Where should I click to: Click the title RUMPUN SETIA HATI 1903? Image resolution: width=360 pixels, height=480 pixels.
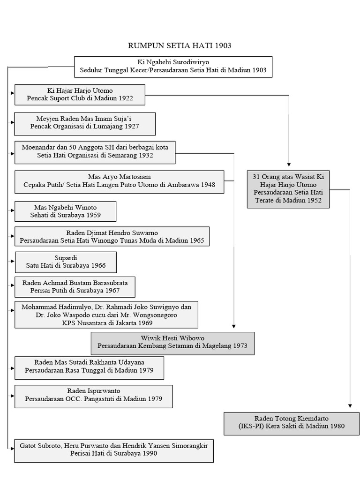coord(180,45)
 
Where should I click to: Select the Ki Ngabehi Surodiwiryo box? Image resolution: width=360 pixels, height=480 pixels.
coord(173,66)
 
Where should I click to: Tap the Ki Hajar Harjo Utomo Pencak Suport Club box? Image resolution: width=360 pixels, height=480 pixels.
coord(80,95)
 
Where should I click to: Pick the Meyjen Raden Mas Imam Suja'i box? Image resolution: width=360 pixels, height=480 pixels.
coord(78,123)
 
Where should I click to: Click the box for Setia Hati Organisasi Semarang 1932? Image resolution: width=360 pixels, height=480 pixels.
coord(95,152)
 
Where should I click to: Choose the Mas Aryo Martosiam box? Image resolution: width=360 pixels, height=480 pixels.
coord(119,181)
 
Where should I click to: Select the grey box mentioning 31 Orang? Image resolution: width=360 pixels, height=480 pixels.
coord(288,189)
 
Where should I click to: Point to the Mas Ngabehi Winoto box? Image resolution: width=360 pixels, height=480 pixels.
coord(65,211)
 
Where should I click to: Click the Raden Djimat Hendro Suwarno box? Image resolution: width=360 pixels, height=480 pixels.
coord(112,237)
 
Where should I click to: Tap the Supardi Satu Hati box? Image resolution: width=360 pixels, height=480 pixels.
coord(66,262)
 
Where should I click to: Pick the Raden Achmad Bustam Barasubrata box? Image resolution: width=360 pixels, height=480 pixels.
coord(75,287)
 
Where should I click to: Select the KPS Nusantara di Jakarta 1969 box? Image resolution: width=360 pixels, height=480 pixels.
coord(106,315)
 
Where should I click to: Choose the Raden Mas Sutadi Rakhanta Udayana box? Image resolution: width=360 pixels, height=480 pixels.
coord(89,368)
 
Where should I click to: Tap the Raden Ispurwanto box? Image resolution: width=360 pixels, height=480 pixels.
coord(93,397)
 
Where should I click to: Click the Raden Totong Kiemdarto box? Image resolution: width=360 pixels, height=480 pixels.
coord(291,422)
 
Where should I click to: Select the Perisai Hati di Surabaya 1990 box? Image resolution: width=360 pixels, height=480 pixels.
coord(113,450)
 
